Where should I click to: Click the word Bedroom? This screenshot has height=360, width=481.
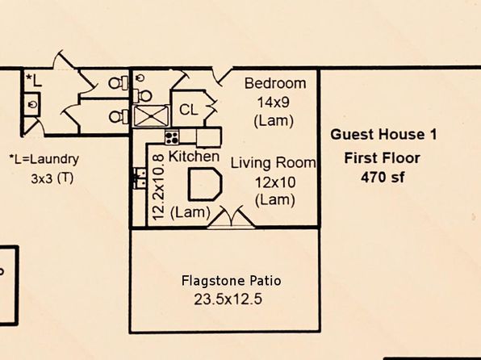coord(275,83)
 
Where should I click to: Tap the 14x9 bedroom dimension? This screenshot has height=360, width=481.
coord(273,103)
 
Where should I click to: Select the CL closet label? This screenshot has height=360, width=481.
coord(189,110)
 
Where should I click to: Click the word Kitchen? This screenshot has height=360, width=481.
coord(194,157)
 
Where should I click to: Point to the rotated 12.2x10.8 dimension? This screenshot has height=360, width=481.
coord(159,187)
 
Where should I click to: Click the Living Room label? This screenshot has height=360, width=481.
coord(274,163)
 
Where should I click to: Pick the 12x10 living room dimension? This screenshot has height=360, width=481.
coord(275,182)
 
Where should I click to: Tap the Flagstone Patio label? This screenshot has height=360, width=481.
coord(232,281)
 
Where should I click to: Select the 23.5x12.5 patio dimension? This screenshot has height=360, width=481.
coord(228,299)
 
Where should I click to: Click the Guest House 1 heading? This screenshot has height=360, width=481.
coord(383,135)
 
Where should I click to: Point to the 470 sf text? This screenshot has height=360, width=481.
coord(383,177)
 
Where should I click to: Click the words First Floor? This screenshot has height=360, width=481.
coord(383,158)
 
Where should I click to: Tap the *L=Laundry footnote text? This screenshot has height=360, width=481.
coord(44,159)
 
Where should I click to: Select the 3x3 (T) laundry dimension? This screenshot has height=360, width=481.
coord(52,178)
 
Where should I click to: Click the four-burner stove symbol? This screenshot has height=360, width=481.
coord(172,137)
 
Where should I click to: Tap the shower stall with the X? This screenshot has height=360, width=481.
coord(151,115)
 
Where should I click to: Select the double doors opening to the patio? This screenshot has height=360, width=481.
coord(232,218)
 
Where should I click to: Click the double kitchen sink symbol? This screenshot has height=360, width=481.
coord(139,178)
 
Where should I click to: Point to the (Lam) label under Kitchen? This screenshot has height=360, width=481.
coord(190,212)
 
